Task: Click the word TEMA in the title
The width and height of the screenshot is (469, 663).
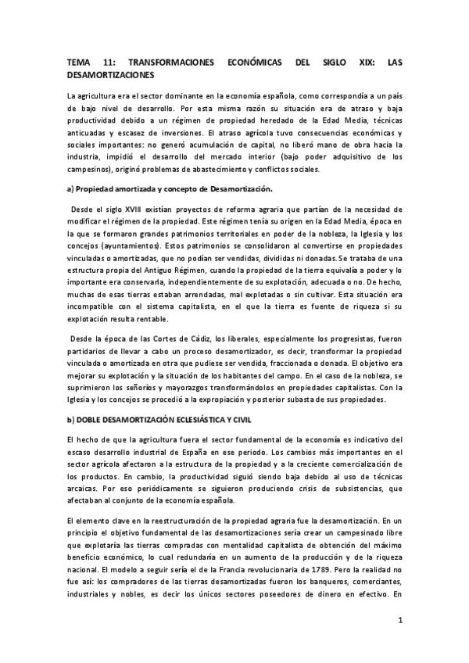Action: coord(78,62)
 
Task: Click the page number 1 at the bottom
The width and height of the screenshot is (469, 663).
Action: coord(399,622)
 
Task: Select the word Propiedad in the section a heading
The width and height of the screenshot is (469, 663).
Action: coord(102,189)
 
